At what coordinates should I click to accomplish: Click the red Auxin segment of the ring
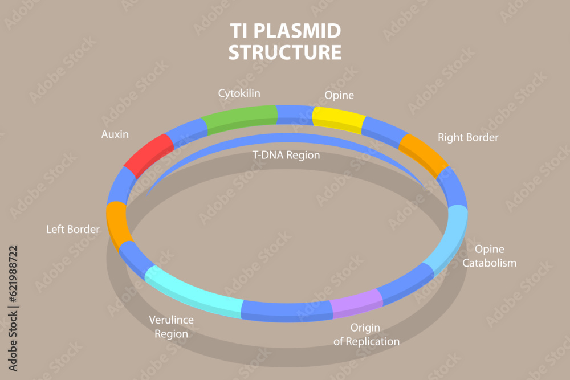(148, 154)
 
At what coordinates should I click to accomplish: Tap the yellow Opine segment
(339, 119)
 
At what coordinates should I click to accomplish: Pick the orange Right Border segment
(424, 152)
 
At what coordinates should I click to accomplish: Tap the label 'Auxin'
(115, 135)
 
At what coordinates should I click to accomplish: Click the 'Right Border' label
(468, 137)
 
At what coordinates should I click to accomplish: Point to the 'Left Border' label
(73, 230)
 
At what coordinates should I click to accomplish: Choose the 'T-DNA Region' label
(286, 155)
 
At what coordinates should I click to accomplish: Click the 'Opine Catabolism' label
(489, 256)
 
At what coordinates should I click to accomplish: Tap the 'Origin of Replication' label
(366, 335)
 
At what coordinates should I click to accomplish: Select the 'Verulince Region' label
(171, 327)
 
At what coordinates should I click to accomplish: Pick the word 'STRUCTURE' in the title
(285, 52)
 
